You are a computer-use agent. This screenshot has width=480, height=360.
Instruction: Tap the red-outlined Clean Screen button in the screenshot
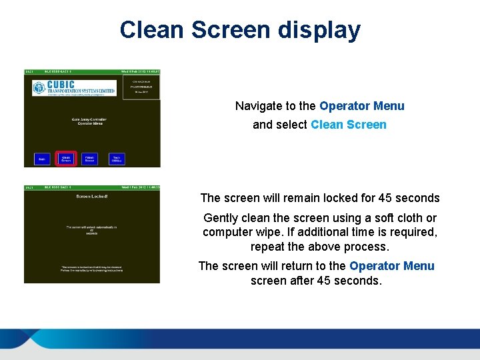[x=66, y=159]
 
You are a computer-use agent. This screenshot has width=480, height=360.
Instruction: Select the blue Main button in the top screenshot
[x=42, y=159]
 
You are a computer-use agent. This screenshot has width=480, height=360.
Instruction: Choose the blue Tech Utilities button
[x=117, y=159]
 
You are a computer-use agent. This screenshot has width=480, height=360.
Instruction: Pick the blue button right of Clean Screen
[x=89, y=159]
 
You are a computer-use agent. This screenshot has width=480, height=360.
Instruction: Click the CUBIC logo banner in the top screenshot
[x=74, y=88]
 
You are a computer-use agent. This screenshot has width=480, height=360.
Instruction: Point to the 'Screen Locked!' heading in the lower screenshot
[x=92, y=196]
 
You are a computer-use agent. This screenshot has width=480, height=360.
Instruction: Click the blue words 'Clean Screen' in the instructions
[x=349, y=125]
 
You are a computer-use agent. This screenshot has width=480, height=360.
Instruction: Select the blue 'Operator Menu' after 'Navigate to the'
[x=362, y=106]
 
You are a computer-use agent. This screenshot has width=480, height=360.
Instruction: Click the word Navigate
[x=258, y=106]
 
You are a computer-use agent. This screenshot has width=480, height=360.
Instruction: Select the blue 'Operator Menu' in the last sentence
[x=391, y=266]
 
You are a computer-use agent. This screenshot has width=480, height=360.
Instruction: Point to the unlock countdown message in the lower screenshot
[x=91, y=229]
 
